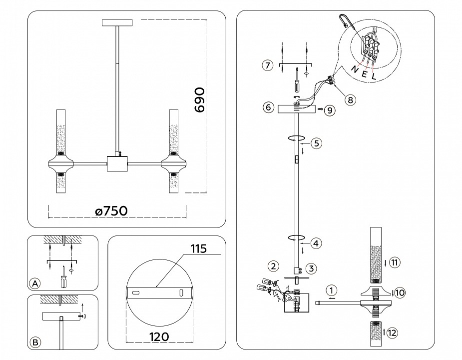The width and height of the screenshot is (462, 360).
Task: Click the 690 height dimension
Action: (x=199, y=100)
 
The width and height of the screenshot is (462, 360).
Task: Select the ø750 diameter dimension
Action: (x=111, y=211)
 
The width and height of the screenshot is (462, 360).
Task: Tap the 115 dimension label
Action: (x=197, y=248)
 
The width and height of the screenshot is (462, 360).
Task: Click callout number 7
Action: (x=268, y=65)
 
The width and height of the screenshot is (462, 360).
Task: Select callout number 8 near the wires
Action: (x=350, y=100)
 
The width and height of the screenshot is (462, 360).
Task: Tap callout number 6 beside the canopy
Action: (x=268, y=107)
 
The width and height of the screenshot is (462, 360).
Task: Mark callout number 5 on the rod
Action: (x=315, y=143)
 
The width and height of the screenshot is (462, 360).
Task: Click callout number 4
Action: (x=315, y=243)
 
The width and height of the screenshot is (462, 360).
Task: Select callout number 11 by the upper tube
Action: (x=395, y=261)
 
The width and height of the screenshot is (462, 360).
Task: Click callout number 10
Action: (x=399, y=293)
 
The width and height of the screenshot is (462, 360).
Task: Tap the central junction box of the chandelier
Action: (x=118, y=163)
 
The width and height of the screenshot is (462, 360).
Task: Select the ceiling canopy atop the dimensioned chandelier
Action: (x=118, y=22)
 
